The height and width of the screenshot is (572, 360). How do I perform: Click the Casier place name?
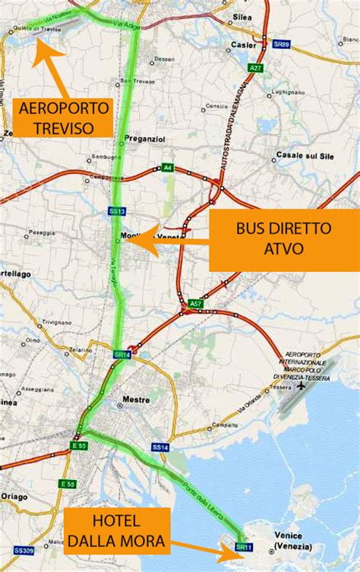coord(238,45)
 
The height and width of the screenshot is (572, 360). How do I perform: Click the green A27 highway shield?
coord(255,68)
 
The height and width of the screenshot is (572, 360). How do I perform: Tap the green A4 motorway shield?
coord(166,168)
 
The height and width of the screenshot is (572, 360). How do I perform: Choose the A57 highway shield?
coord(196,304)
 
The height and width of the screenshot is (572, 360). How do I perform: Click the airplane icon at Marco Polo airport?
coord(303,386)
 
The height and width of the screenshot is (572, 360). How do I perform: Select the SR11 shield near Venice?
coord(243,546)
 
